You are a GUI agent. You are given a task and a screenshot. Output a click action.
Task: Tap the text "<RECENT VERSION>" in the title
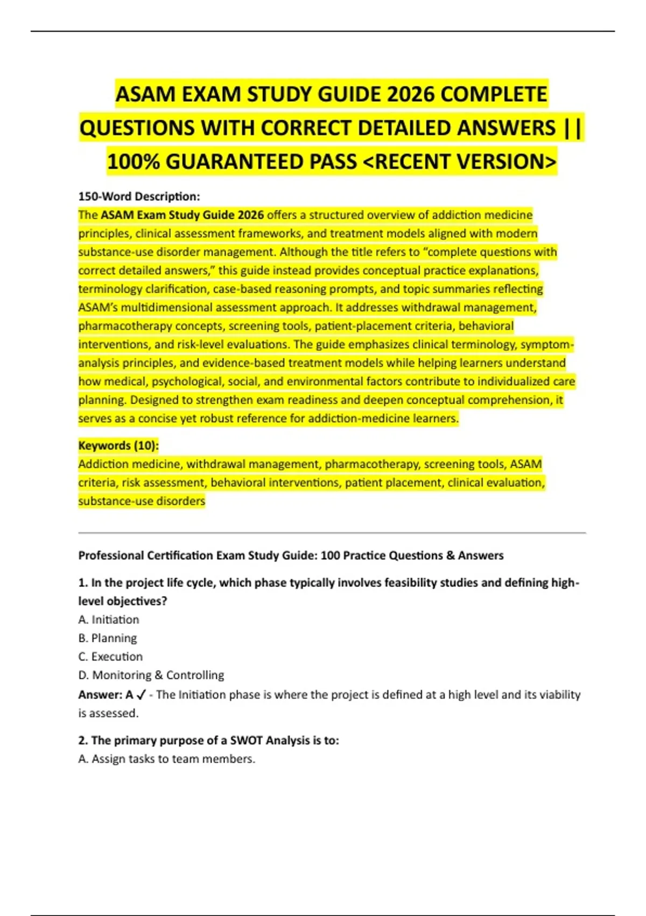click(460, 162)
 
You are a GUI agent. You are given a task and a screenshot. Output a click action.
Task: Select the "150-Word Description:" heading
click(139, 196)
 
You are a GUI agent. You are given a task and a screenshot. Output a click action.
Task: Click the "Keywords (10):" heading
click(118, 446)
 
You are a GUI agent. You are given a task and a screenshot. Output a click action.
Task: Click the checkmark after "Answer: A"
click(142, 695)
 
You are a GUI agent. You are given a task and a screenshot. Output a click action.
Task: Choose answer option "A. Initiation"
click(109, 620)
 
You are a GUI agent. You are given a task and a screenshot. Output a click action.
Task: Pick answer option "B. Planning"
click(108, 638)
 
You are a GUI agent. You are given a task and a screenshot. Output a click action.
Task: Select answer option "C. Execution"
click(111, 656)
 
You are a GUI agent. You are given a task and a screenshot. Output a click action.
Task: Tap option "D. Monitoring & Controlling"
click(151, 675)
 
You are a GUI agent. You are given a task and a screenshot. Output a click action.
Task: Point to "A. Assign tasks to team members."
click(167, 759)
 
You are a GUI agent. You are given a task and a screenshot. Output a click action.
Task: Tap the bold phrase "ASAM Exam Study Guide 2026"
click(182, 215)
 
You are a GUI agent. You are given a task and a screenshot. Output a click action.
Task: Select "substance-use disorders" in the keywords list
click(142, 501)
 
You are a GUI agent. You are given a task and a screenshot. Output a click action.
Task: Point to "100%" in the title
click(134, 162)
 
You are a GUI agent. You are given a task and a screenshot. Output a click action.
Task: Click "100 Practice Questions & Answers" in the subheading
click(412, 556)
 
